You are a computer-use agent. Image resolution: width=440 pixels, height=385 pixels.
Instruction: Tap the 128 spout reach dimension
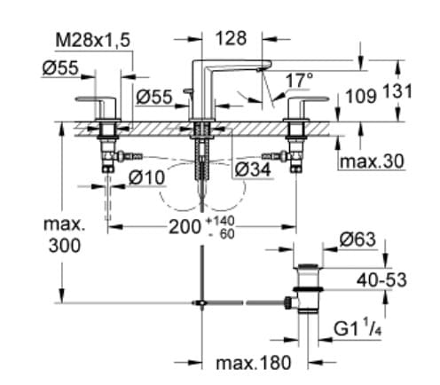(231, 38)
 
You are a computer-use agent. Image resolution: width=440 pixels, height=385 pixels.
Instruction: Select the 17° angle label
(297, 81)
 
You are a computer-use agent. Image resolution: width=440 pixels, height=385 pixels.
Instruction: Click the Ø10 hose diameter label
(146, 177)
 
